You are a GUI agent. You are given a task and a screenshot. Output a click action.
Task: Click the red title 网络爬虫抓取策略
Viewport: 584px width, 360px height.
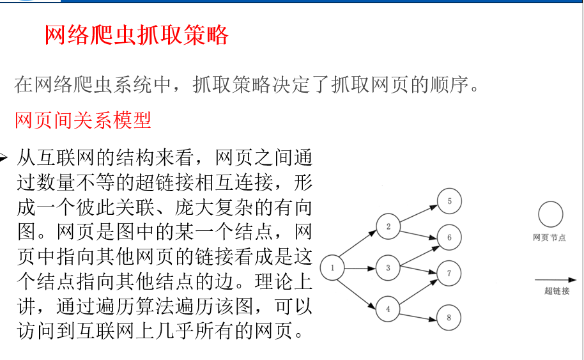coord(136,35)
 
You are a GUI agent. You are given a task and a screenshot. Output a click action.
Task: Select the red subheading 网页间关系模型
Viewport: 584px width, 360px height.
coord(83,120)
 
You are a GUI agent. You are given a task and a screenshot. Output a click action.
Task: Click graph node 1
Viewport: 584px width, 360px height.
coord(332,268)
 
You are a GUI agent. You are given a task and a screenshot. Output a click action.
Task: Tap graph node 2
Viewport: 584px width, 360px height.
coord(388,226)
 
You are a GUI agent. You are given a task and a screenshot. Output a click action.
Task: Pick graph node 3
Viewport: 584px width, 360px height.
coord(388,268)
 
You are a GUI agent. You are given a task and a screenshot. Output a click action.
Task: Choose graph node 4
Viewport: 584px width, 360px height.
coord(388,309)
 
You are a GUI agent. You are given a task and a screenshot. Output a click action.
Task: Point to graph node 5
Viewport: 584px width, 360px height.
coord(449,201)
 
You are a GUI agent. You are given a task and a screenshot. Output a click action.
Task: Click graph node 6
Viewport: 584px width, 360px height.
coord(449,237)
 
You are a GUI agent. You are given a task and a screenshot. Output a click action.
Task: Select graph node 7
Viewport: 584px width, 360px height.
coord(449,274)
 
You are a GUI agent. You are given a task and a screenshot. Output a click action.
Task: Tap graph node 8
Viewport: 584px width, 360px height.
coord(449,317)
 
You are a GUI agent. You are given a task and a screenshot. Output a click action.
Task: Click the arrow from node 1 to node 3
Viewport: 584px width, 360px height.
coord(360,268)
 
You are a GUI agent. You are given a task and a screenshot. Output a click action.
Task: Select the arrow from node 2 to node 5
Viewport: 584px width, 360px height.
coord(419,215)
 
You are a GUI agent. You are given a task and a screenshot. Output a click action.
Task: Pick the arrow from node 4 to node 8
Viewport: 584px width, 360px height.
coord(419,313)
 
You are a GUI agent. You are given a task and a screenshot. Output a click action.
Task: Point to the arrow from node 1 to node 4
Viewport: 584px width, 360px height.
coord(360,289)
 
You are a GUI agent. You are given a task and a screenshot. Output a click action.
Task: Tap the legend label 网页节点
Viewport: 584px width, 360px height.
coord(549,238)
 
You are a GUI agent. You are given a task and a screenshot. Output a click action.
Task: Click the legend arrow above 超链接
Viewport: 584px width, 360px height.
coord(555,279)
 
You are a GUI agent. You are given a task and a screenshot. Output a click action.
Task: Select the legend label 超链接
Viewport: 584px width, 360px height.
coord(557,291)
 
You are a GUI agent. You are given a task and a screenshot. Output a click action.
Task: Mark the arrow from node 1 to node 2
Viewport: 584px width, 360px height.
coord(360,247)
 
